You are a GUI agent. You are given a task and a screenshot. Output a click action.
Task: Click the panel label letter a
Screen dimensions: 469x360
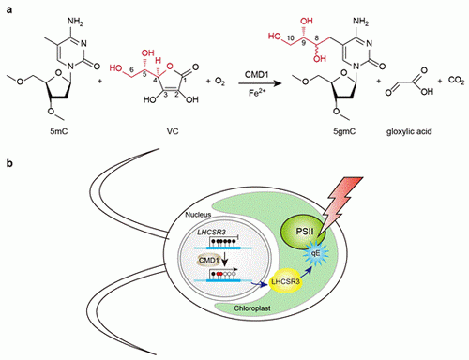coord(9,9)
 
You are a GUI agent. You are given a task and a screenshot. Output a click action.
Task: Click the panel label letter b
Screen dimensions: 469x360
coord(9,163)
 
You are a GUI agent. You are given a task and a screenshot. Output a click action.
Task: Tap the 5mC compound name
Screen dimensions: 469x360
coord(59,131)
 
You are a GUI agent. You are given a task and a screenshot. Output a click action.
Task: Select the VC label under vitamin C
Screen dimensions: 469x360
coord(173,131)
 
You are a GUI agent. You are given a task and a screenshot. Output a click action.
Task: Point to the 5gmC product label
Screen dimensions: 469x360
coord(344,131)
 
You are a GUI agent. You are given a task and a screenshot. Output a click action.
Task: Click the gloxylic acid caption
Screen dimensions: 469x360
coord(409,131)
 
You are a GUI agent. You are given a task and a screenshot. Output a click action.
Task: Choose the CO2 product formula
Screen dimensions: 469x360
coord(457,81)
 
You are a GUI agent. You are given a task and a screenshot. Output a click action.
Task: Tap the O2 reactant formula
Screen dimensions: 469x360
coord(219,82)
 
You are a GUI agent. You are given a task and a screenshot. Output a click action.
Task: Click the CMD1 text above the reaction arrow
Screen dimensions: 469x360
coord(256,75)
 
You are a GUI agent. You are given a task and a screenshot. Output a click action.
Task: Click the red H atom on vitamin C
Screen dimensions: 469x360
coord(159,60)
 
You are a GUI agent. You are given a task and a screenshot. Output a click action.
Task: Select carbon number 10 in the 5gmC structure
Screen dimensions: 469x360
coord(290,38)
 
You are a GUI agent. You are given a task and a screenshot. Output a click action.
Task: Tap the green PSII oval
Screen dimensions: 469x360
coord(302,232)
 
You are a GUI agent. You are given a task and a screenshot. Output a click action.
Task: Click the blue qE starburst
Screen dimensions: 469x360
coord(316,253)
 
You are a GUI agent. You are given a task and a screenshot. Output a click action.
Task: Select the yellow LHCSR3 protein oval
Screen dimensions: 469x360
coord(285,281)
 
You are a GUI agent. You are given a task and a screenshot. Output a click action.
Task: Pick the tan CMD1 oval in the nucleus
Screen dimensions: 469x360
coord(208,261)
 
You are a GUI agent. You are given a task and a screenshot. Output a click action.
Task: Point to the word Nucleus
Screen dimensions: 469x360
coord(198,215)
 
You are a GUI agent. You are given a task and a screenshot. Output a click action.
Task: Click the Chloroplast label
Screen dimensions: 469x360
coord(252,308)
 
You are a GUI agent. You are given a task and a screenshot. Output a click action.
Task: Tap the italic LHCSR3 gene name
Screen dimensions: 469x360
coord(211,232)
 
